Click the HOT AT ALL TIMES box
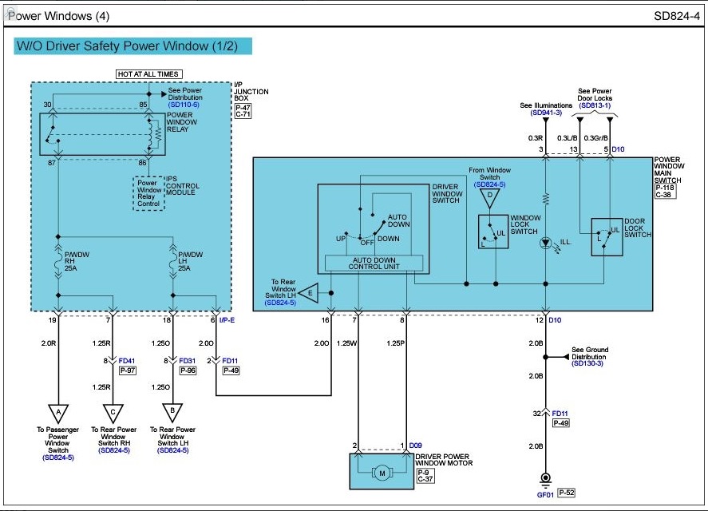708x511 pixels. (x=149, y=74)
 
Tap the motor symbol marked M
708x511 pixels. (x=382, y=473)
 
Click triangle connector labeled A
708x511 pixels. (x=58, y=414)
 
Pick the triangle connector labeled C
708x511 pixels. (x=113, y=414)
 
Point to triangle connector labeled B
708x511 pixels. (x=172, y=413)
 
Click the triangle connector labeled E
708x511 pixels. (x=308, y=293)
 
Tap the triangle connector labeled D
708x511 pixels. (x=489, y=198)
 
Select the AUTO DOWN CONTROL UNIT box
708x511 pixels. (x=374, y=263)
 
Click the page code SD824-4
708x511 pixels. (x=676, y=16)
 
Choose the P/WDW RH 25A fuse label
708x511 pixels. (x=77, y=261)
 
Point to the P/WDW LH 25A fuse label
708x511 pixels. (x=190, y=261)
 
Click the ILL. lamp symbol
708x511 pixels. (x=545, y=243)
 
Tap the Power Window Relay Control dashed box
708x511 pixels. (x=148, y=193)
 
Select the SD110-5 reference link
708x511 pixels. (x=184, y=105)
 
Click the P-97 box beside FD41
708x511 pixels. (x=128, y=370)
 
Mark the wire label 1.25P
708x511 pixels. (x=396, y=343)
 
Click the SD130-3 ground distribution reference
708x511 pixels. (x=587, y=363)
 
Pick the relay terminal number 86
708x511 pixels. (x=142, y=163)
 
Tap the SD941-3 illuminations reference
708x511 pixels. (x=546, y=113)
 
